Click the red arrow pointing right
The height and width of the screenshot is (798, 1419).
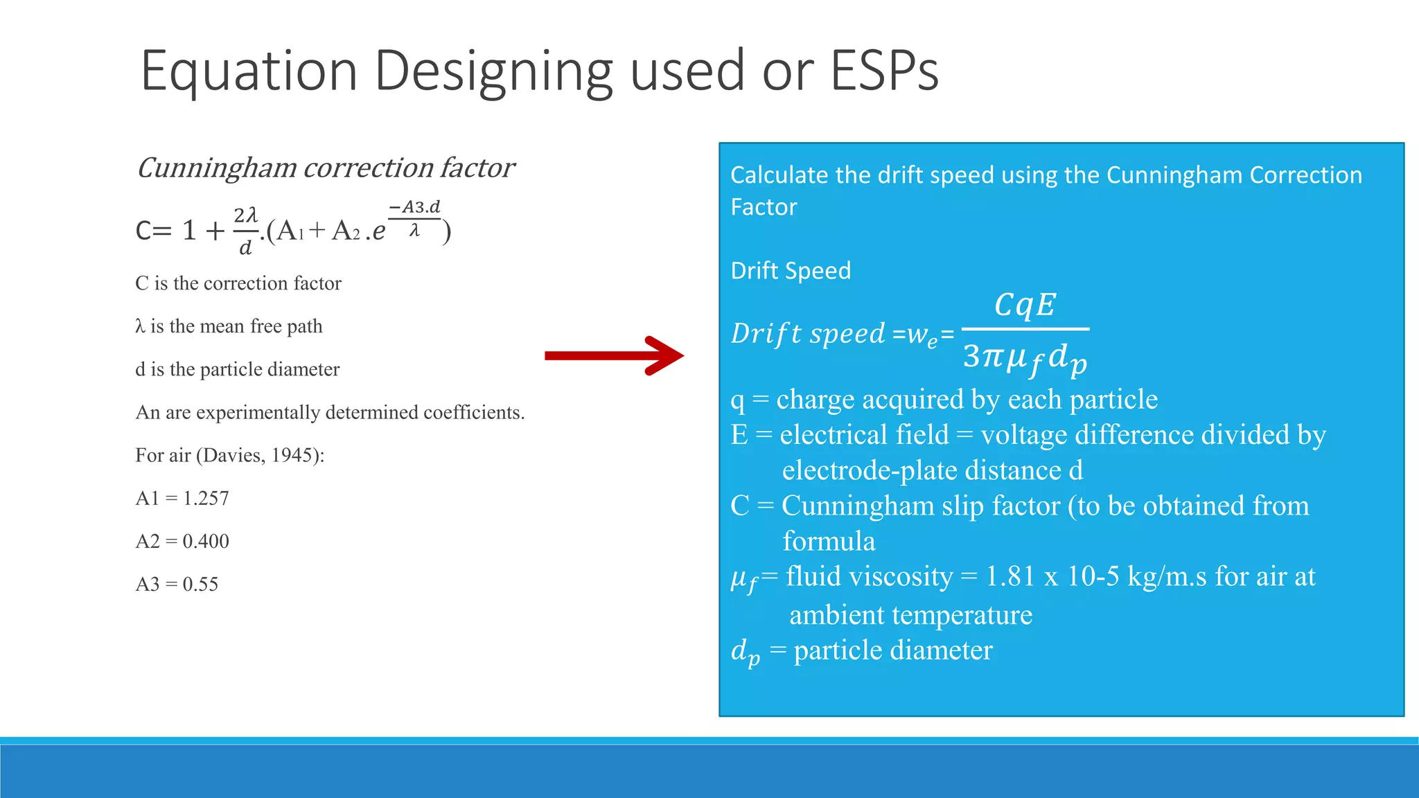pyautogui.click(x=613, y=355)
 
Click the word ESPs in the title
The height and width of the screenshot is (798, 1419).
pyautogui.click(x=884, y=71)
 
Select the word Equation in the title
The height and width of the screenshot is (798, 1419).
pyautogui.click(x=249, y=72)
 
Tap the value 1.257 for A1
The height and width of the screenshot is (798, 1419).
pyautogui.click(x=206, y=498)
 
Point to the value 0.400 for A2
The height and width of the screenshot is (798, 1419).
pyautogui.click(x=206, y=541)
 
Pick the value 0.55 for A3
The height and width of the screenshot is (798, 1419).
pyautogui.click(x=200, y=584)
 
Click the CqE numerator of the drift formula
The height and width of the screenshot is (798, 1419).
pyautogui.click(x=1025, y=305)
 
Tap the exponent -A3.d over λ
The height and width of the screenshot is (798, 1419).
pyautogui.click(x=414, y=218)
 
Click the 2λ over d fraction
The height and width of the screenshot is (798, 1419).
pyautogui.click(x=245, y=231)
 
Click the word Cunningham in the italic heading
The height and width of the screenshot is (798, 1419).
pyautogui.click(x=216, y=168)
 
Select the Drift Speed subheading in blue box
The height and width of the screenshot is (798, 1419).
pyautogui.click(x=791, y=270)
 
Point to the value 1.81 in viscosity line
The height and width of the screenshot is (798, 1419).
pyautogui.click(x=1011, y=576)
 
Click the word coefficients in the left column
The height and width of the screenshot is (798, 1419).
pyautogui.click(x=473, y=412)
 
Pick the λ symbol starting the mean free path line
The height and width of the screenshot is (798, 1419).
pyautogui.click(x=140, y=326)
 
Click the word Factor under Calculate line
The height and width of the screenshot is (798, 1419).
pyautogui.click(x=764, y=207)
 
